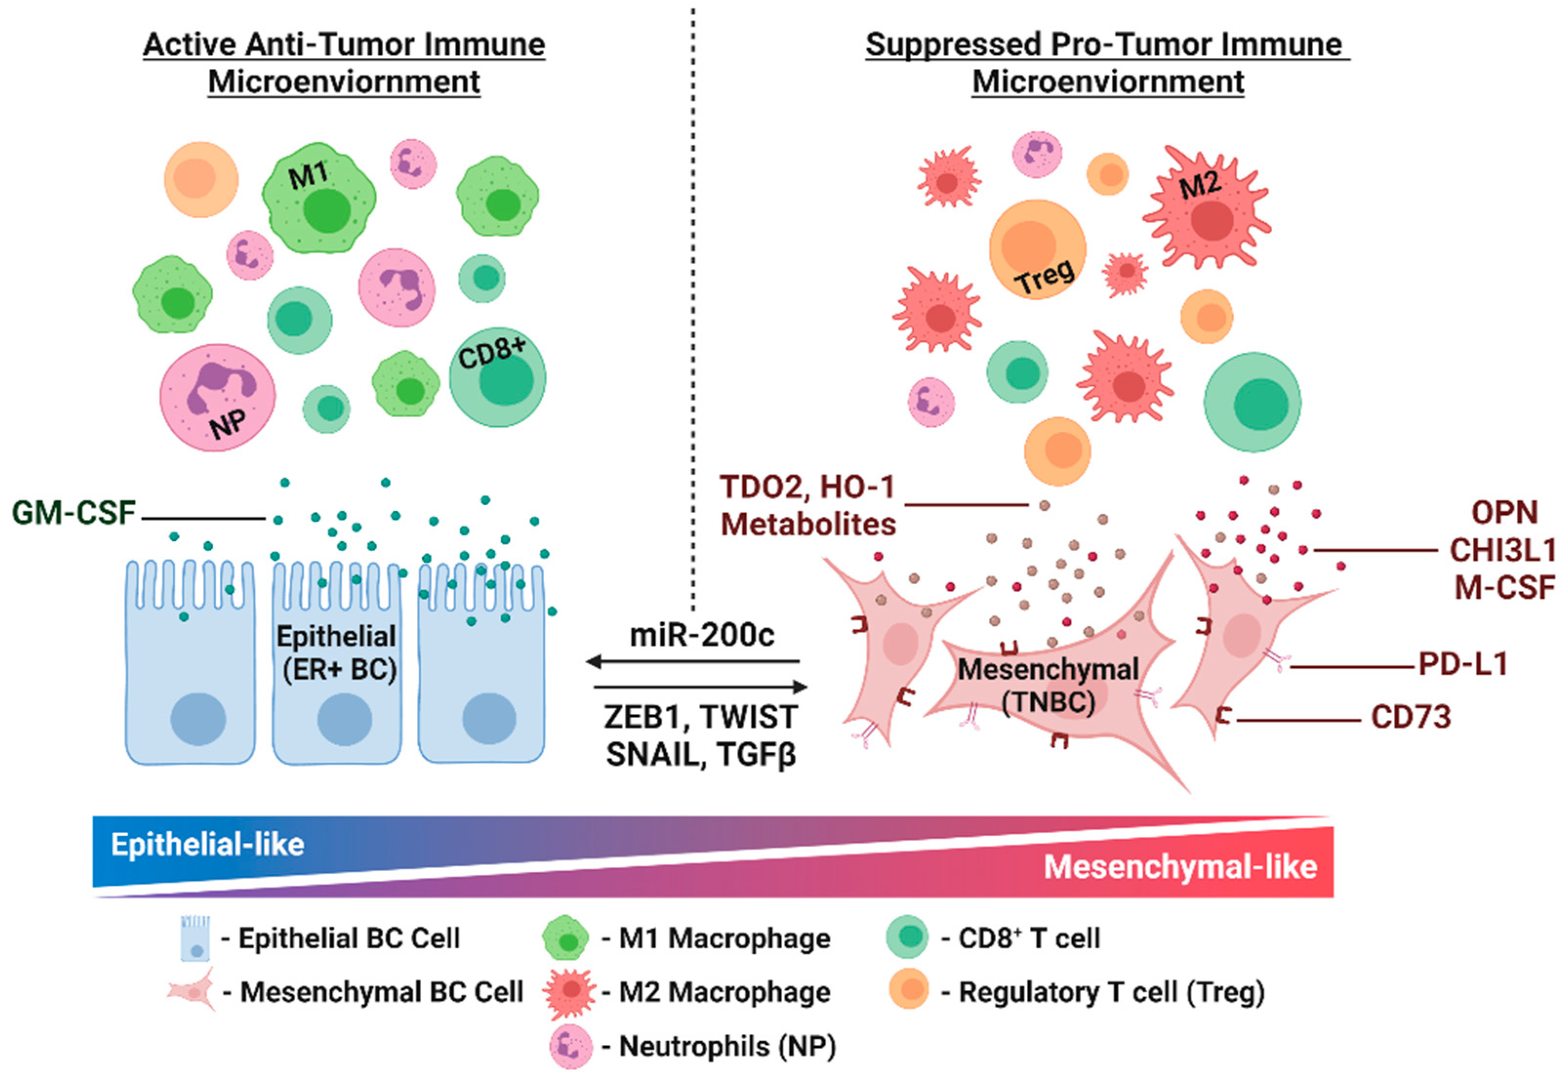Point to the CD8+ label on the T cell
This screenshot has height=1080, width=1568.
pos(491,353)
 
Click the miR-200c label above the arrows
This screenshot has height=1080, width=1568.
pos(702,635)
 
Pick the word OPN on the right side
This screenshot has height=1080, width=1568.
pos(1505,513)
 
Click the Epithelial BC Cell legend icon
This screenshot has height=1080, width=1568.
pos(196,938)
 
